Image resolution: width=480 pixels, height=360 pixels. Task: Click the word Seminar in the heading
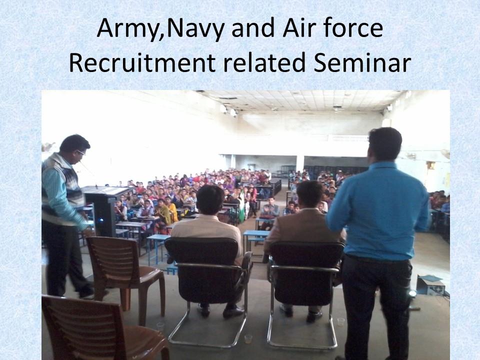362,62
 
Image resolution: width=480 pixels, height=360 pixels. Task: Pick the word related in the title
264,62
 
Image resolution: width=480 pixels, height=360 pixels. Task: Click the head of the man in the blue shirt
385,144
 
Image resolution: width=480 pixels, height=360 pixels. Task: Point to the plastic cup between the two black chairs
248,338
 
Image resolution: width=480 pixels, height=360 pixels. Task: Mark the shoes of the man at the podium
86,294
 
